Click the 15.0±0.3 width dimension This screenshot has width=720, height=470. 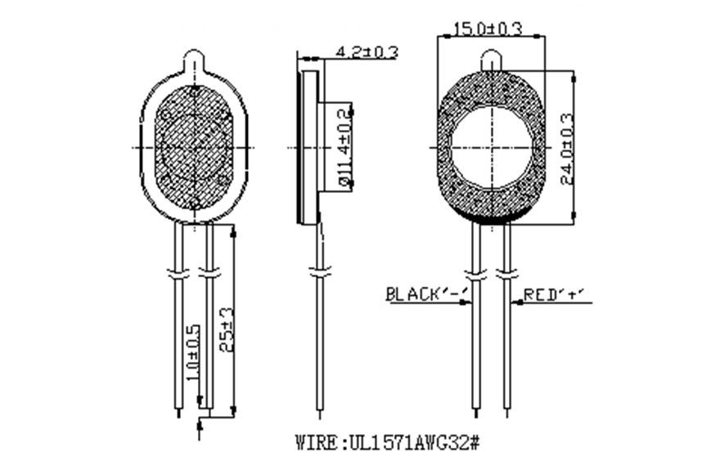pyautogui.click(x=488, y=29)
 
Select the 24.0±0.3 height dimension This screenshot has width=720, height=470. pyautogui.click(x=568, y=148)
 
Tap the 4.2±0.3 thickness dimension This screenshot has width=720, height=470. pyautogui.click(x=367, y=51)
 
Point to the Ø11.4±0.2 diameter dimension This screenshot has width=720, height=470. pyautogui.click(x=344, y=148)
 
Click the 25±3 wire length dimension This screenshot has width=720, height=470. pyautogui.click(x=227, y=329)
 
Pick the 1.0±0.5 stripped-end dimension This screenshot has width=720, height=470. pyautogui.click(x=194, y=352)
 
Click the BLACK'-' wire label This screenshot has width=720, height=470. pyautogui.click(x=426, y=294)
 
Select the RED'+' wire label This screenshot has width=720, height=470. pyautogui.click(x=556, y=294)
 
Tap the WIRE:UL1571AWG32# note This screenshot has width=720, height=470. pyautogui.click(x=388, y=443)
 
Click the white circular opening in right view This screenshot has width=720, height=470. pyautogui.click(x=493, y=148)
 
